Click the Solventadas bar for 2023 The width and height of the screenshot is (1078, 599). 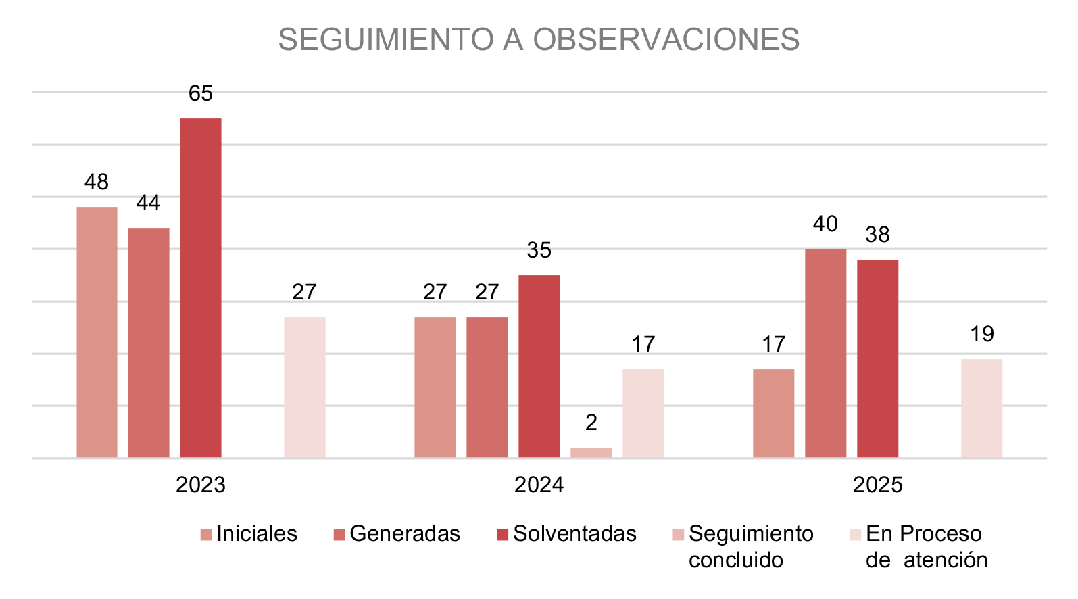[201, 288]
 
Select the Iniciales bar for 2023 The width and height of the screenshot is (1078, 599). [97, 332]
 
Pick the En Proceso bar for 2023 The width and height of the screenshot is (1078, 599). [305, 387]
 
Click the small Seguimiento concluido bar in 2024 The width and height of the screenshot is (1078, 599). [591, 452]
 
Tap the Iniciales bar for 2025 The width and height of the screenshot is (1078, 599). [774, 413]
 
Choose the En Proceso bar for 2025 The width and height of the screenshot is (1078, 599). [982, 408]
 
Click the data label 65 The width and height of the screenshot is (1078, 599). [201, 93]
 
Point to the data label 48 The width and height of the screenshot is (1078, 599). [97, 182]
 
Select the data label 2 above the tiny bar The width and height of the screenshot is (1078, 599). [591, 423]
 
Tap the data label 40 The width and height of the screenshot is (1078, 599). [826, 224]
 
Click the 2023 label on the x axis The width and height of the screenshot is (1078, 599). [201, 485]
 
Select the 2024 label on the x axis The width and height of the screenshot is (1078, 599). [539, 485]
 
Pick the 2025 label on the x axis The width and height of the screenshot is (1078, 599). [878, 485]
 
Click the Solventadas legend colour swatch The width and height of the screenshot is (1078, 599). [502, 535]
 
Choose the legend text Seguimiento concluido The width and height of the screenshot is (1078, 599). [751, 546]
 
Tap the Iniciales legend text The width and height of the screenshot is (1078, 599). [257, 534]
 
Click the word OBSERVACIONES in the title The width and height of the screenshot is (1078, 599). [666, 40]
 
